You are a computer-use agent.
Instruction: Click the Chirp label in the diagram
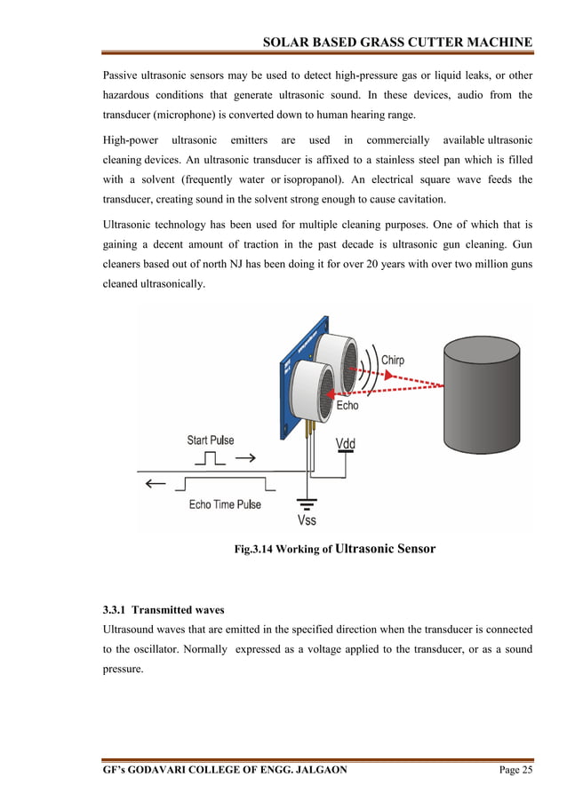pos(392,360)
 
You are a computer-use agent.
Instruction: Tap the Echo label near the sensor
pos(347,405)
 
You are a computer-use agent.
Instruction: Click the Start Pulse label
pos(211,440)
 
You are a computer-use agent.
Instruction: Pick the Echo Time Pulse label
pos(225,504)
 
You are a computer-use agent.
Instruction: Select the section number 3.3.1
pos(116,610)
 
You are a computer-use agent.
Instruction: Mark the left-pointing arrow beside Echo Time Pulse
pos(156,483)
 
